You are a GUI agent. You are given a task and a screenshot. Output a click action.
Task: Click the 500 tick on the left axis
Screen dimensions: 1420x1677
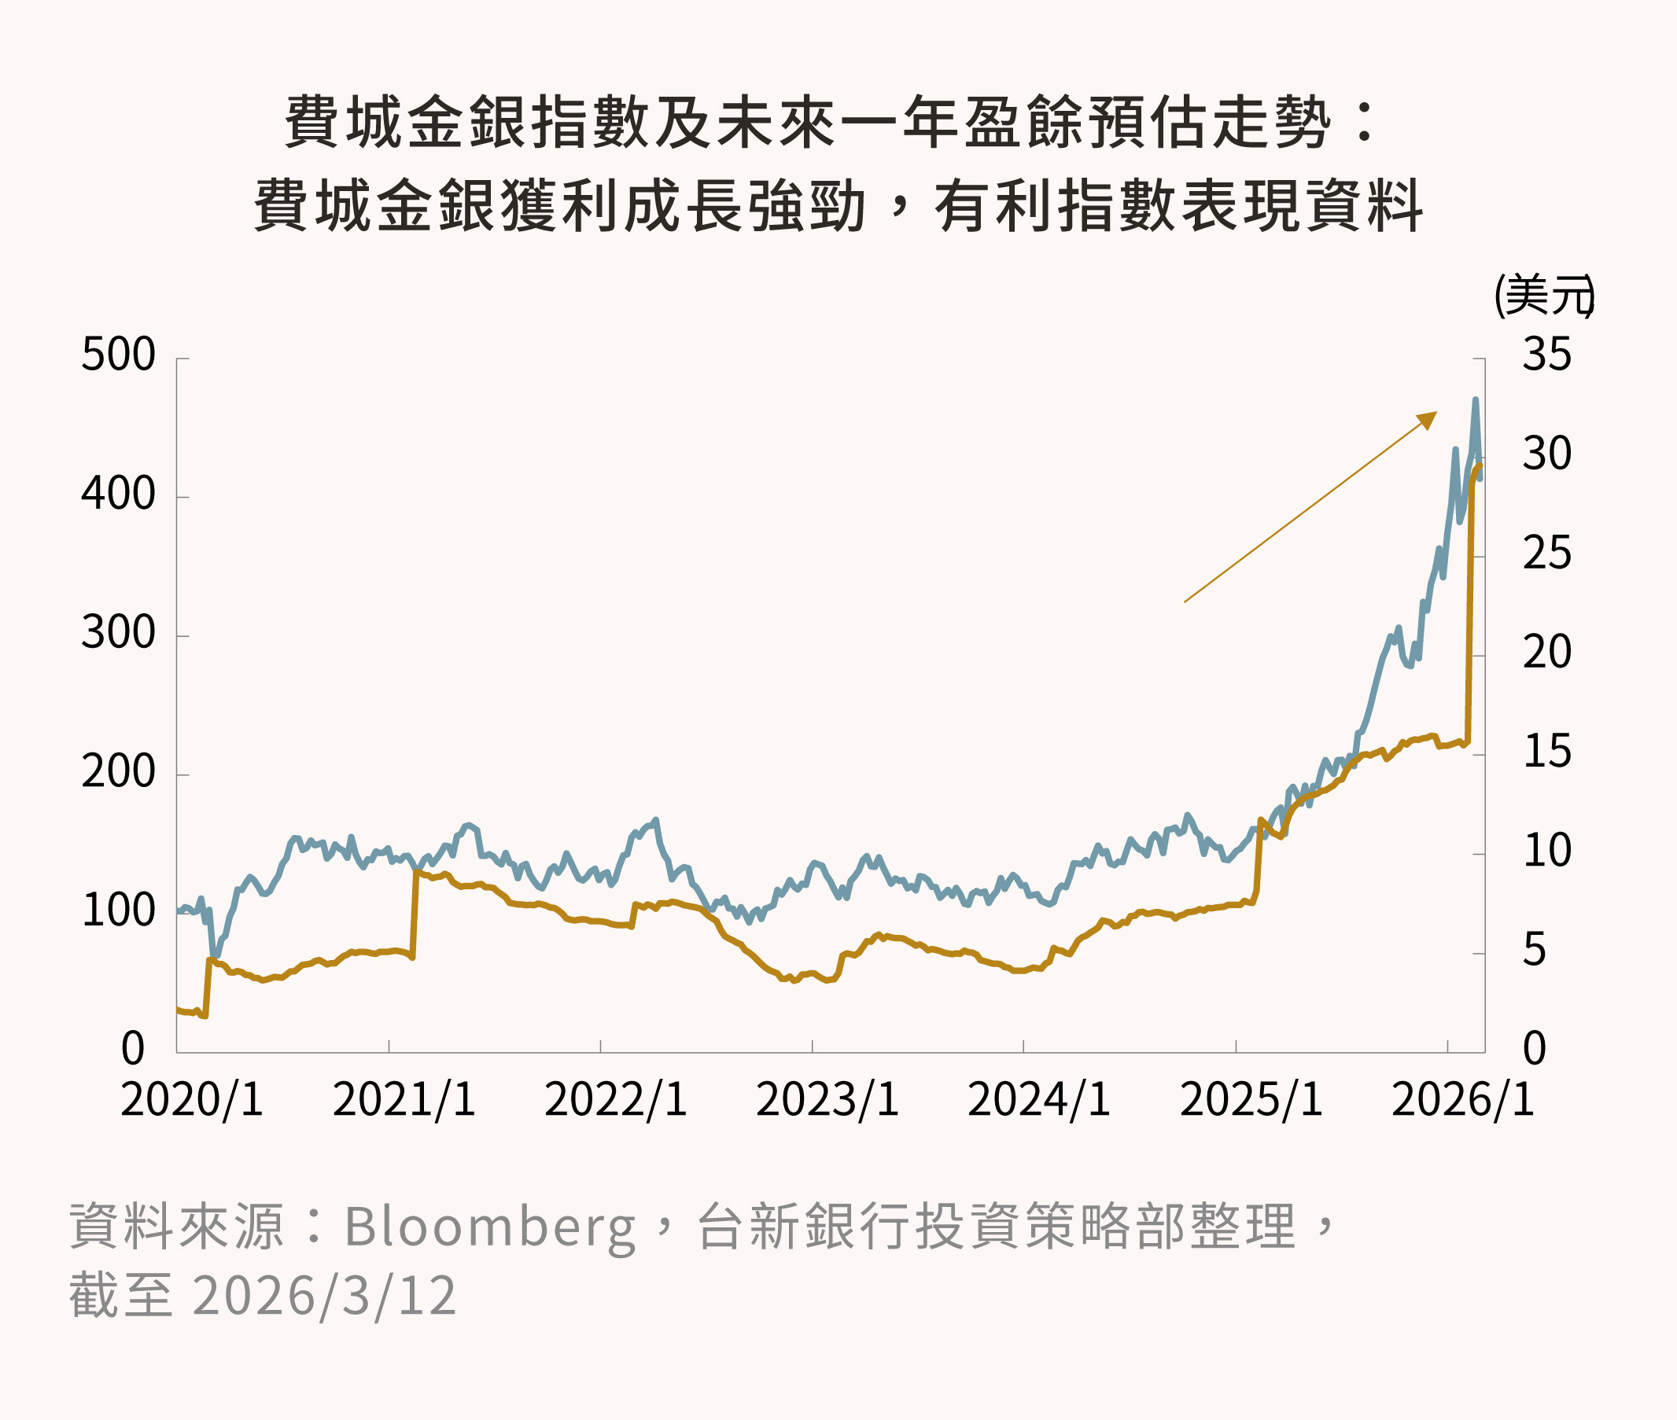pyautogui.click(x=117, y=355)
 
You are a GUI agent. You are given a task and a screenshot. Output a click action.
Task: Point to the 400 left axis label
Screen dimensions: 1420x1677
pyautogui.click(x=117, y=495)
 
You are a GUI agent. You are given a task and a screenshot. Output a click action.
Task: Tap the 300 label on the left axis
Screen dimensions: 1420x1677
pyautogui.click(x=117, y=634)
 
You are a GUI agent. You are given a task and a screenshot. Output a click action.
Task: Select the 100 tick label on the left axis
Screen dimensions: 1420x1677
pyautogui.click(x=117, y=911)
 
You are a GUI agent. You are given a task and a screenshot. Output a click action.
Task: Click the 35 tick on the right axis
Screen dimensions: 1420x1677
pyautogui.click(x=1546, y=355)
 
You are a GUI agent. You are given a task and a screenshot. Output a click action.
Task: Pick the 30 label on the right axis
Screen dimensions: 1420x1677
pyautogui.click(x=1546, y=454)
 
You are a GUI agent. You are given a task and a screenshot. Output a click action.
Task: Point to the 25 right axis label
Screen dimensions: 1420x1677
pyautogui.click(x=1546, y=554)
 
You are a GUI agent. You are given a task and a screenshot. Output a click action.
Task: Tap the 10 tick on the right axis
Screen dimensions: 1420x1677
pyautogui.click(x=1546, y=851)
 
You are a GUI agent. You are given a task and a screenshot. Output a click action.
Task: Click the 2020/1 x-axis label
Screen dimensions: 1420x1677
pyautogui.click(x=192, y=1100)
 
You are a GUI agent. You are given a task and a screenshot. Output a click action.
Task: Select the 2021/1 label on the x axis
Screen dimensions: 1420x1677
pyautogui.click(x=404, y=1100)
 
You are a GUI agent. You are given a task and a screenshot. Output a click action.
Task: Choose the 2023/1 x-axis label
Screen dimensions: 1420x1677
pyautogui.click(x=827, y=1100)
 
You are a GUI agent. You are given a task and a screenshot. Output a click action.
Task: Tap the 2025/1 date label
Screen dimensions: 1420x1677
pyautogui.click(x=1251, y=1100)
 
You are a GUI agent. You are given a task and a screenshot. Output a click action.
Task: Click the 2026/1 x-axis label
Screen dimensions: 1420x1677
pyautogui.click(x=1462, y=1100)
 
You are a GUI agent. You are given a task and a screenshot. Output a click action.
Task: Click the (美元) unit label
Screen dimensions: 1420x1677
pyautogui.click(x=1543, y=296)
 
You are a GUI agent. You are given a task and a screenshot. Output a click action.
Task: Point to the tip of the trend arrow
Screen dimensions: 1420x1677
pyautogui.click(x=1436, y=414)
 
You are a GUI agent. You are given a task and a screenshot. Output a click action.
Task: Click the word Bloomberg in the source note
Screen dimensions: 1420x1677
pyautogui.click(x=489, y=1227)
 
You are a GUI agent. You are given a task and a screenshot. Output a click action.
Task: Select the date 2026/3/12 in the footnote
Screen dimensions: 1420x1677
pyautogui.click(x=323, y=1296)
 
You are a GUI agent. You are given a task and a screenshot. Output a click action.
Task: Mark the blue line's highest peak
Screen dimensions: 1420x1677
pyautogui.click(x=1475, y=399)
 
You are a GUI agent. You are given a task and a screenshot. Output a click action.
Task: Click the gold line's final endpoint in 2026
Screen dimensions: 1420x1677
pyautogui.click(x=1480, y=465)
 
